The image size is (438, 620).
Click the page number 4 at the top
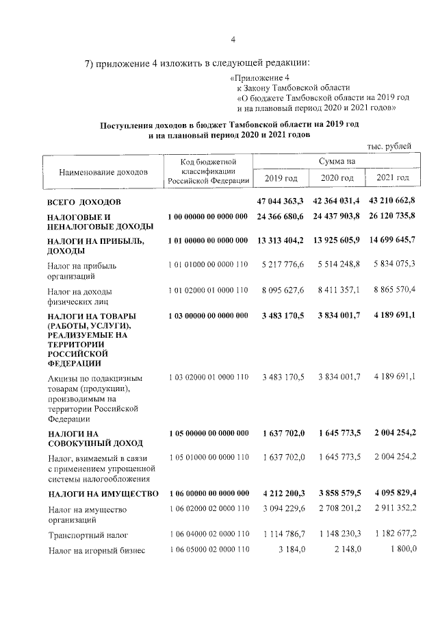[x=233, y=38]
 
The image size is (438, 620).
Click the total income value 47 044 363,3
[x=281, y=203]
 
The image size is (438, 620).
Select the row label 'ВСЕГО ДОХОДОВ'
[x=84, y=203]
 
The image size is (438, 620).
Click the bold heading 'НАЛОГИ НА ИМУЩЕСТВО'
[x=103, y=494]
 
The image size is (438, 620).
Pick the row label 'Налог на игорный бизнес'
[x=96, y=551]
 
